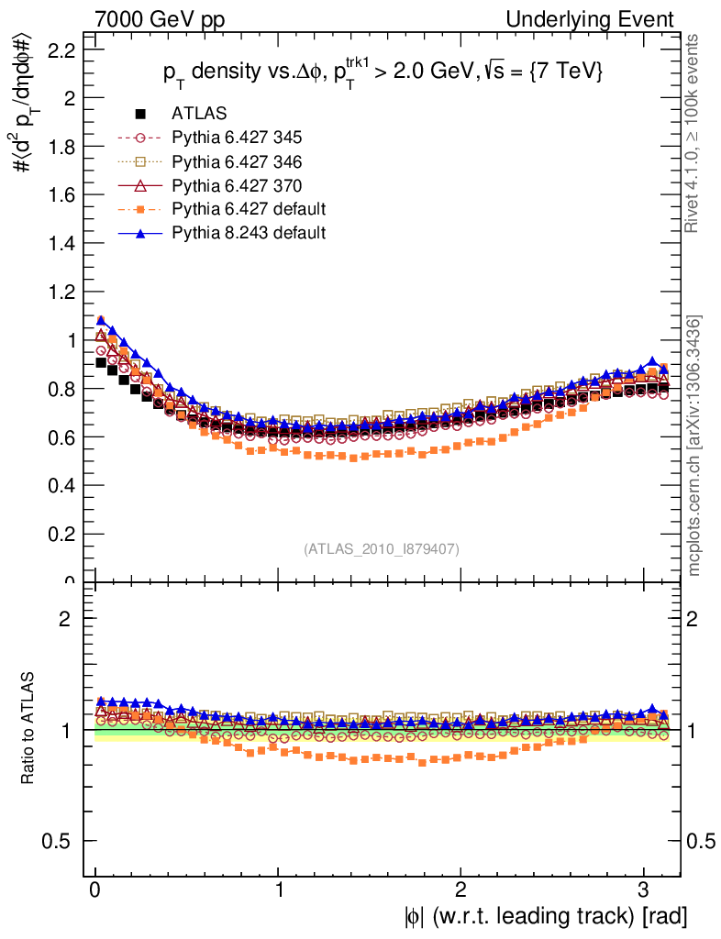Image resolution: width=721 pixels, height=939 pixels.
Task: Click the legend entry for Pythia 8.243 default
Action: pyautogui.click(x=248, y=233)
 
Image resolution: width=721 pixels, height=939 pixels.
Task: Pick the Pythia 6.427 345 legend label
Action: pyautogui.click(x=237, y=138)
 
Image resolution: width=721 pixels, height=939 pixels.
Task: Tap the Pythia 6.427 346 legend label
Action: pyautogui.click(x=237, y=161)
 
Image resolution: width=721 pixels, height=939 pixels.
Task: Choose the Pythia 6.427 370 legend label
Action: pyautogui.click(x=237, y=185)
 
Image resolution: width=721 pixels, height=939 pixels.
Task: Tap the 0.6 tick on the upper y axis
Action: pyautogui.click(x=61, y=436)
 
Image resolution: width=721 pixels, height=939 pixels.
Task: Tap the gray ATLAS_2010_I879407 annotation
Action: pyautogui.click(x=382, y=548)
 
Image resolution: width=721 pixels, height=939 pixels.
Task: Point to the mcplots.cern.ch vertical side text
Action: pyautogui.click(x=694, y=447)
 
